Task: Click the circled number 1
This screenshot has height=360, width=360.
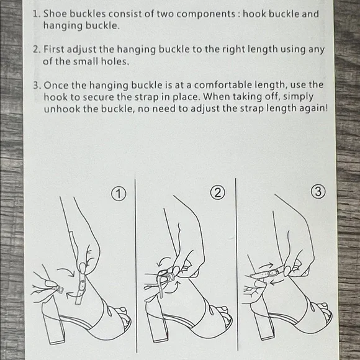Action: (x=119, y=194)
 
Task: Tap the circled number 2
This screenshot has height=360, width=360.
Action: (x=217, y=192)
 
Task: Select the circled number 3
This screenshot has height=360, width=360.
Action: (x=318, y=191)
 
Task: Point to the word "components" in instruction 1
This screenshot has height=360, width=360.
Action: (x=206, y=14)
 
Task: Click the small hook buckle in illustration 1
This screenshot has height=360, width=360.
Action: (x=60, y=290)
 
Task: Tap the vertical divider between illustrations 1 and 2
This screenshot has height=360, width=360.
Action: (x=136, y=266)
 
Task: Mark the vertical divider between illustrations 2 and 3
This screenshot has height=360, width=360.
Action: (x=236, y=264)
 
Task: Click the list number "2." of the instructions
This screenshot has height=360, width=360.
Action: (x=37, y=50)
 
